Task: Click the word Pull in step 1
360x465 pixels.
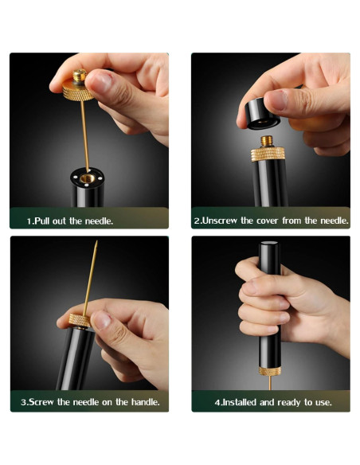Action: click(x=42, y=221)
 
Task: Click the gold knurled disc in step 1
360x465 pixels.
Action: click(x=78, y=91)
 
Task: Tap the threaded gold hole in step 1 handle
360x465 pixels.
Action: click(x=88, y=178)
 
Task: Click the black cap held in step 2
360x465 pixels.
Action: click(x=258, y=114)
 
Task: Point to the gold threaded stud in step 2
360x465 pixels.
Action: click(x=267, y=142)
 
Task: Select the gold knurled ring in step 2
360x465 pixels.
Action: click(x=268, y=154)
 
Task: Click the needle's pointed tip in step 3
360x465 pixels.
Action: click(x=96, y=241)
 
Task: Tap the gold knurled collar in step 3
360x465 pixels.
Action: click(x=80, y=320)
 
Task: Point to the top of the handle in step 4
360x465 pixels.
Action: click(x=269, y=243)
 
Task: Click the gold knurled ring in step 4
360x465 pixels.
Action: click(x=269, y=371)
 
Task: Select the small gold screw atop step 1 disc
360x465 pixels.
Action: click(x=79, y=75)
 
